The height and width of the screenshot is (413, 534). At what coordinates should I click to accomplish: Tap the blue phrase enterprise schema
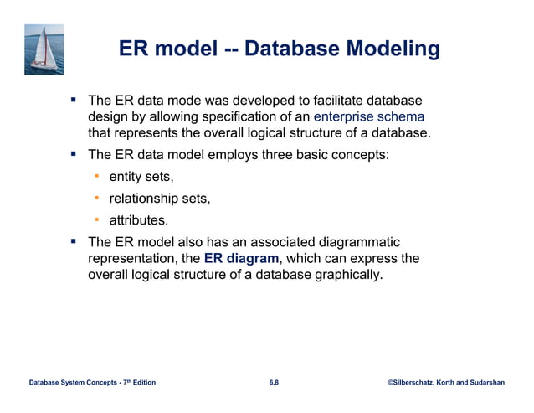[369, 117]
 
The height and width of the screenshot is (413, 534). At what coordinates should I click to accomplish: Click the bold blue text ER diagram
[241, 258]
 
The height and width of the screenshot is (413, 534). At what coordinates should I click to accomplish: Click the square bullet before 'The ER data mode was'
[74, 100]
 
